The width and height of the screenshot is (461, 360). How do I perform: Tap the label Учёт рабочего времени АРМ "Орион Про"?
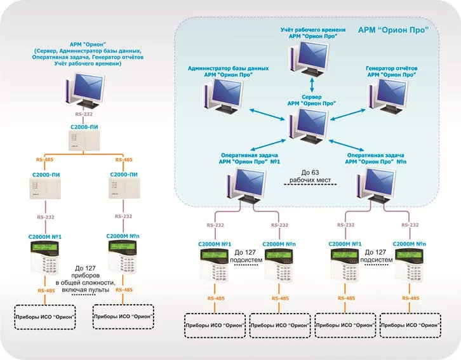click(313, 34)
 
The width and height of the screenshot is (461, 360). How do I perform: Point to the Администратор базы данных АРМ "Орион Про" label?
click(220, 70)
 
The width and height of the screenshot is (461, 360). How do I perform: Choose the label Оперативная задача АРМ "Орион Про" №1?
click(250, 157)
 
